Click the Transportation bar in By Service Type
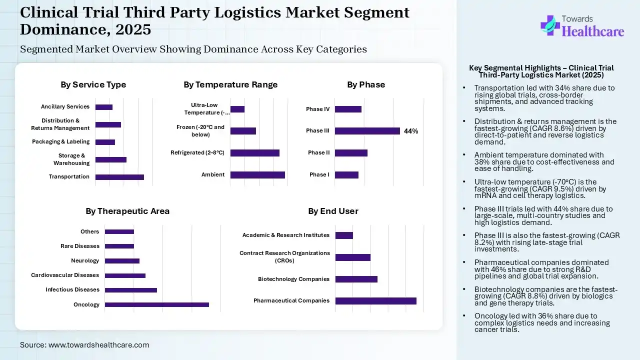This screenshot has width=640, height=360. pos(119,177)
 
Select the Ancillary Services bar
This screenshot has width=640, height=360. pos(104,107)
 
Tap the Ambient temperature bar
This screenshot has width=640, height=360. pos(257,175)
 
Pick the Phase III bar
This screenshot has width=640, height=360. pos(367,131)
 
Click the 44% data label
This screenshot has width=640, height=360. pos(411,131)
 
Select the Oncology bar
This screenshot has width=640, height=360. pos(156,304)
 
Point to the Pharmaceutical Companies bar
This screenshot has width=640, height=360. pos(376,301)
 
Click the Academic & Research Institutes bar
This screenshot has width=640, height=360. pos(344,235)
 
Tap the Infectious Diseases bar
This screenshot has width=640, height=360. pos(131,290)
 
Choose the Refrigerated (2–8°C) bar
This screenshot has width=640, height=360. pos(255,153)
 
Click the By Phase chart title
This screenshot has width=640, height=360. pos(366,84)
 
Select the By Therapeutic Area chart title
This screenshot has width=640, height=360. pos(127,211)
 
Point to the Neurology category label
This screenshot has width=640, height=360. pos(85,260)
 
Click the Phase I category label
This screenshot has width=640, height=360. pos(319,174)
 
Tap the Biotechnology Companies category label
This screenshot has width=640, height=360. pos(293,279)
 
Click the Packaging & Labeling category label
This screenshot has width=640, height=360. pos(61,141)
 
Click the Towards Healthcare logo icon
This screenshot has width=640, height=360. pos(550,25)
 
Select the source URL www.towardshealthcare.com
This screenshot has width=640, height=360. pos(98,345)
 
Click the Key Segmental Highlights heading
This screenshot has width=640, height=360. pos(541,71)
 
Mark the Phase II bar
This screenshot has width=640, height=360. pos(351,153)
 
